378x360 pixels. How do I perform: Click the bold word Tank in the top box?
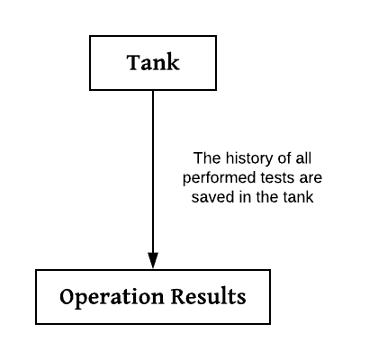point(153,62)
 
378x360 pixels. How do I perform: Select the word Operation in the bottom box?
point(112,297)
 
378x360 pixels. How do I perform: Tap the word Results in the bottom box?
point(209,297)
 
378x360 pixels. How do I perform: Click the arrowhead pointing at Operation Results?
point(153,260)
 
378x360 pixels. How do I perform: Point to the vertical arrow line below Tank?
point(153,172)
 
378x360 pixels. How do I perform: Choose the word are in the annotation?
point(310,178)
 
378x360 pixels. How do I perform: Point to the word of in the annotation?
point(284,158)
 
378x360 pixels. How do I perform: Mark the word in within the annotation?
point(245,197)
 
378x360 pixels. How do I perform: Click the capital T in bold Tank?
point(133,62)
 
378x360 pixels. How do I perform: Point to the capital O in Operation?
point(67,297)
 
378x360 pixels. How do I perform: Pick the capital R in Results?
point(179,297)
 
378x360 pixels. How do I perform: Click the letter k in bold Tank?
point(174,62)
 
